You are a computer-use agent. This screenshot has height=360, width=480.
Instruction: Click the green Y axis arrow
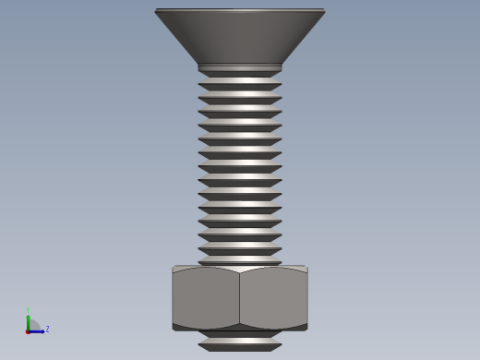28,320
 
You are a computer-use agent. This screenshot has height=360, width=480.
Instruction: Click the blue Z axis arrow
38,330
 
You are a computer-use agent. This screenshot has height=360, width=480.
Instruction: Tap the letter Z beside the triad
47,329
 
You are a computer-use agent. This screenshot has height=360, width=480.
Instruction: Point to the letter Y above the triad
28,310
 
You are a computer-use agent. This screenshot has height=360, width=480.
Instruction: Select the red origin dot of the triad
28,330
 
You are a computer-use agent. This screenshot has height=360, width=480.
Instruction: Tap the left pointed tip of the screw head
156,11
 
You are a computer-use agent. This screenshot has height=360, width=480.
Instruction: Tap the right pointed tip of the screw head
324,11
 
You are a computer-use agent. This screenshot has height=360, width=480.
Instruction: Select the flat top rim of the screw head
240,10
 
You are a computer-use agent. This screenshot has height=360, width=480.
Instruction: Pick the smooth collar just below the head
240,68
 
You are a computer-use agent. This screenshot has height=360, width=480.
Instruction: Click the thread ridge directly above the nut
240,260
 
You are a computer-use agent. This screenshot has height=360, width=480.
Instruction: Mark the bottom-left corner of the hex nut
174,327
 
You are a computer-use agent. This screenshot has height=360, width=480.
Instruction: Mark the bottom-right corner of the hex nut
306,327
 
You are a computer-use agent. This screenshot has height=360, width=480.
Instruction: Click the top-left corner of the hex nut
174,268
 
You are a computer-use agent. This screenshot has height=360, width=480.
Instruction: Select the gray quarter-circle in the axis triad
33,325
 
